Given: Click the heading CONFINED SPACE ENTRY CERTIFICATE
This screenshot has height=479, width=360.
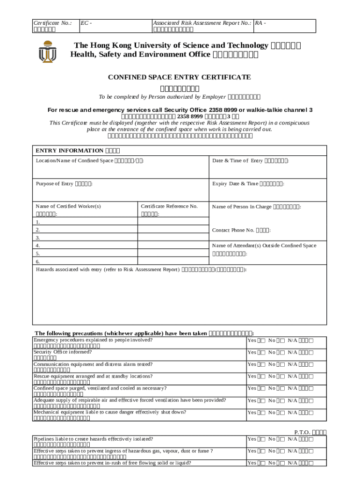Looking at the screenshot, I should [x=180, y=77].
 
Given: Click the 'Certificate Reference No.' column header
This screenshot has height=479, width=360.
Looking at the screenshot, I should [x=169, y=206].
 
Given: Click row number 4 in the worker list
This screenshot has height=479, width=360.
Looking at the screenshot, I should [x=38, y=245].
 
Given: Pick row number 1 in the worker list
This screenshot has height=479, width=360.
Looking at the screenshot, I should [x=38, y=222].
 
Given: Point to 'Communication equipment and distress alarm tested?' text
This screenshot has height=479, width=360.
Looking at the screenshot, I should [x=93, y=364].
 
